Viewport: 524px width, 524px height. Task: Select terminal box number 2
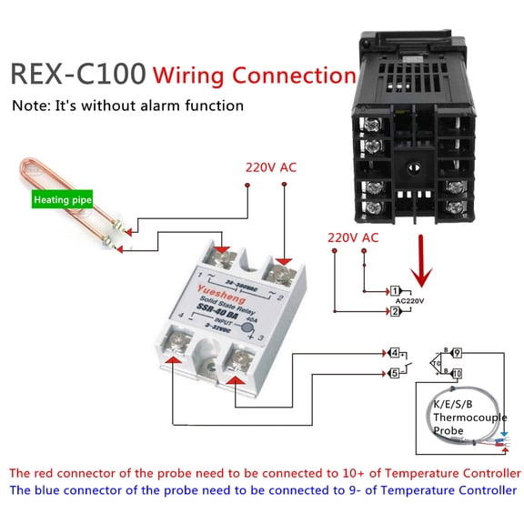[396, 312]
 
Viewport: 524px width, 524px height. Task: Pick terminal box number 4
[393, 352]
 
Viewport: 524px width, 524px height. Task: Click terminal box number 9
[457, 352]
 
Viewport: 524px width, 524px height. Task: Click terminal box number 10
[457, 373]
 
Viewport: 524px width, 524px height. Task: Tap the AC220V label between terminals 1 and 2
[410, 300]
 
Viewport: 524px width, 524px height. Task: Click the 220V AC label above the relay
[270, 167]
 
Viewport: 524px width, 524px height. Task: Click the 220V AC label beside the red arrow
[352, 237]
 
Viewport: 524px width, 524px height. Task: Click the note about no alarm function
[127, 106]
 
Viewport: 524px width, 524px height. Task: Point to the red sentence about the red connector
[264, 473]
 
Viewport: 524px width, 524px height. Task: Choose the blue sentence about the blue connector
[264, 490]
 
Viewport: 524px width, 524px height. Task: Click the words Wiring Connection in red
[254, 75]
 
